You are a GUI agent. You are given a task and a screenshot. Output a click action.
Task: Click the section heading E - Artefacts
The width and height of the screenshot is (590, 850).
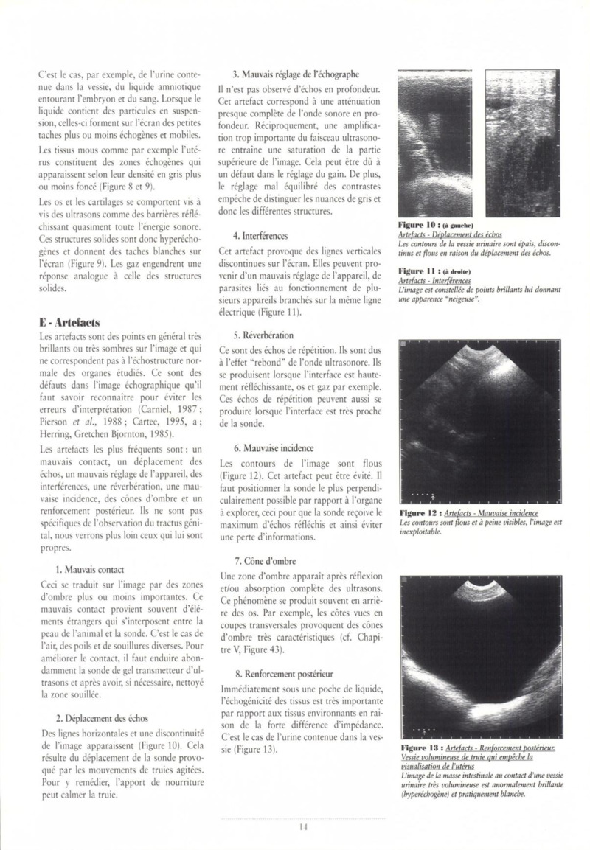(70, 322)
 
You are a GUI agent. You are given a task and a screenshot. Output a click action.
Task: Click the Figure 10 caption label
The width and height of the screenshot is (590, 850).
(417, 223)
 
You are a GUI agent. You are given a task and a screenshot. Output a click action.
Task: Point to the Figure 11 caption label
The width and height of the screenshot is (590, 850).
(417, 271)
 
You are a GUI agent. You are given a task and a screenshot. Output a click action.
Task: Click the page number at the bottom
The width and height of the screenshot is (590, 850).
(303, 826)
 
